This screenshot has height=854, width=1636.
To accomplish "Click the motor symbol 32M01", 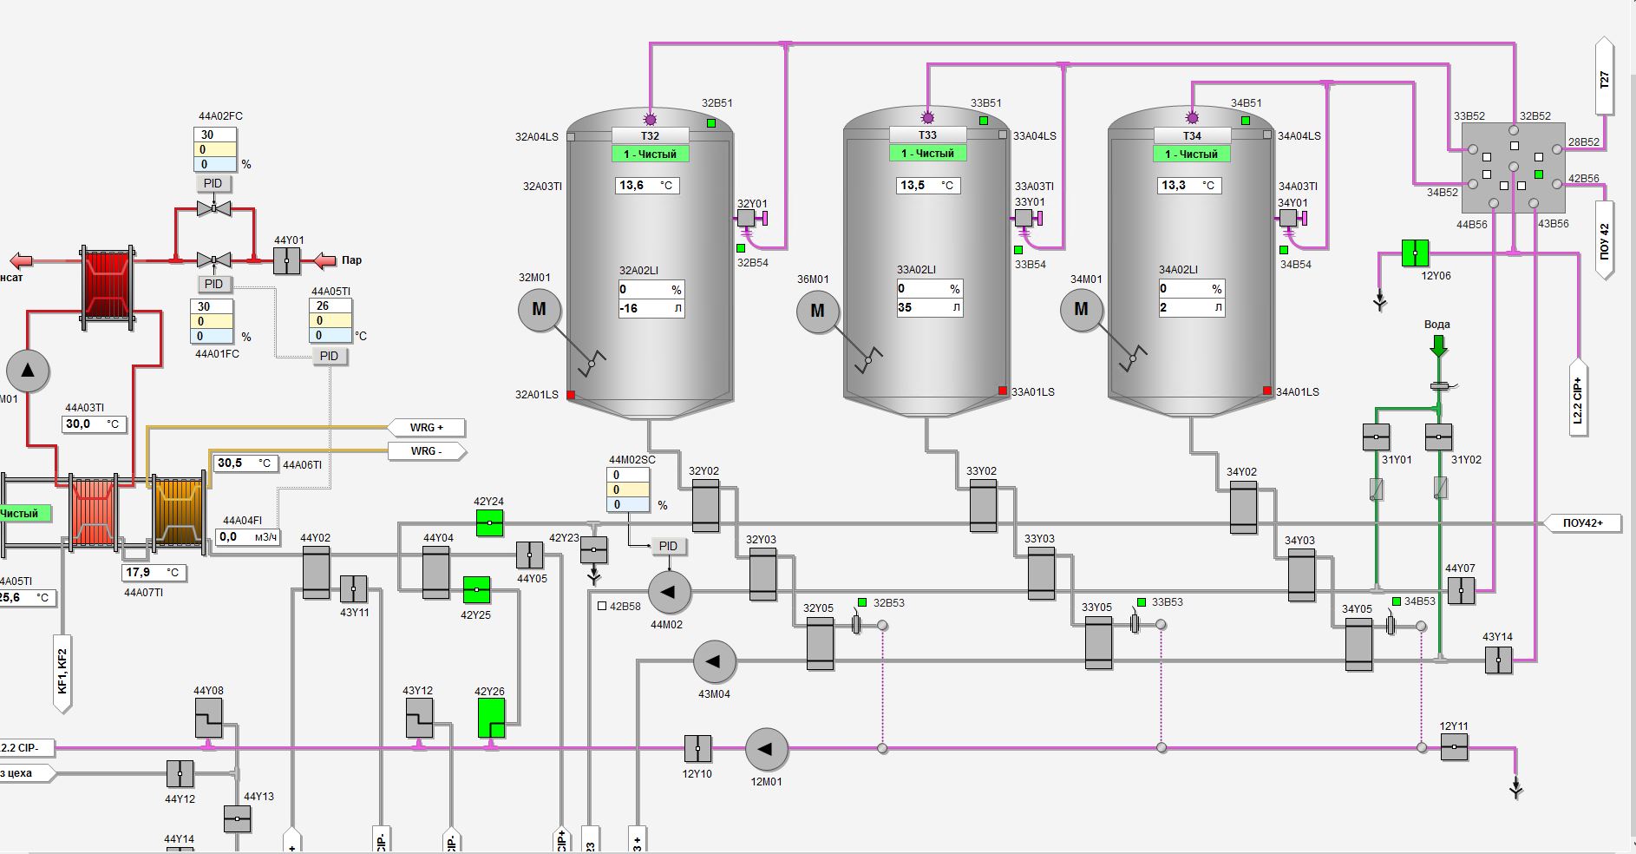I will coord(539,310).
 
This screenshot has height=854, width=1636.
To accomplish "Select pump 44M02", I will coord(669,592).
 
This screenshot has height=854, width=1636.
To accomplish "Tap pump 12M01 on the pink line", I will coord(766,749).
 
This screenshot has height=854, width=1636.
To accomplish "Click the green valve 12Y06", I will coord(1415,253).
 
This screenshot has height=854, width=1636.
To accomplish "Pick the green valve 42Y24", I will coord(489,523).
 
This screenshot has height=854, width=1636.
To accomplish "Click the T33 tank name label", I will coord(927,135).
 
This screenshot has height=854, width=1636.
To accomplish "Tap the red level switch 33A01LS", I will coord(1003,391).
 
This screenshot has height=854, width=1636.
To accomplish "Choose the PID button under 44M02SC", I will coord(668,546).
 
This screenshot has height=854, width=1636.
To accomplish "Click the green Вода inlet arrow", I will coord(1438,345).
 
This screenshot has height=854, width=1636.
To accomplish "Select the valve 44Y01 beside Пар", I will coord(287,259).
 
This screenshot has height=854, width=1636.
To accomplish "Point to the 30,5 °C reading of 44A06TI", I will coord(245,463).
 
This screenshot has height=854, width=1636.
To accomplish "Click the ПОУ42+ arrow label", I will coord(1582,523).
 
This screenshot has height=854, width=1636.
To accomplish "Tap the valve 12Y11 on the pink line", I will coord(1454,746).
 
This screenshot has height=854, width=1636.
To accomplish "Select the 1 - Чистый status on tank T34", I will coord(1191,154).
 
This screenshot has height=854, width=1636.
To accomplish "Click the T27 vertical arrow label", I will coord(1604,80).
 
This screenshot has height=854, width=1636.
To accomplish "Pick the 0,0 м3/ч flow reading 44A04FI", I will coord(247,537).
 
